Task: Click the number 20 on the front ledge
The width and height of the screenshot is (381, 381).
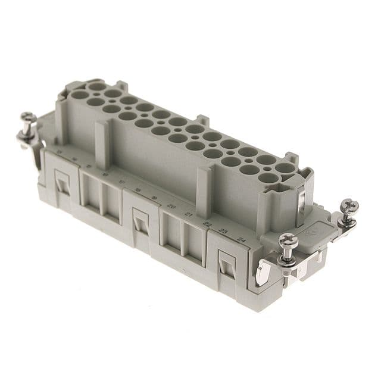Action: pos(172,206)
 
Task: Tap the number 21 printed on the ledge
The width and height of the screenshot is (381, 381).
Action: pos(190,214)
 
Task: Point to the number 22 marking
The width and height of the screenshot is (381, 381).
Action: pos(207,223)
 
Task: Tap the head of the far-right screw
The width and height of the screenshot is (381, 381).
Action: pos(349,206)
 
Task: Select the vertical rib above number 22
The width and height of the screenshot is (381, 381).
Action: pos(204,191)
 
